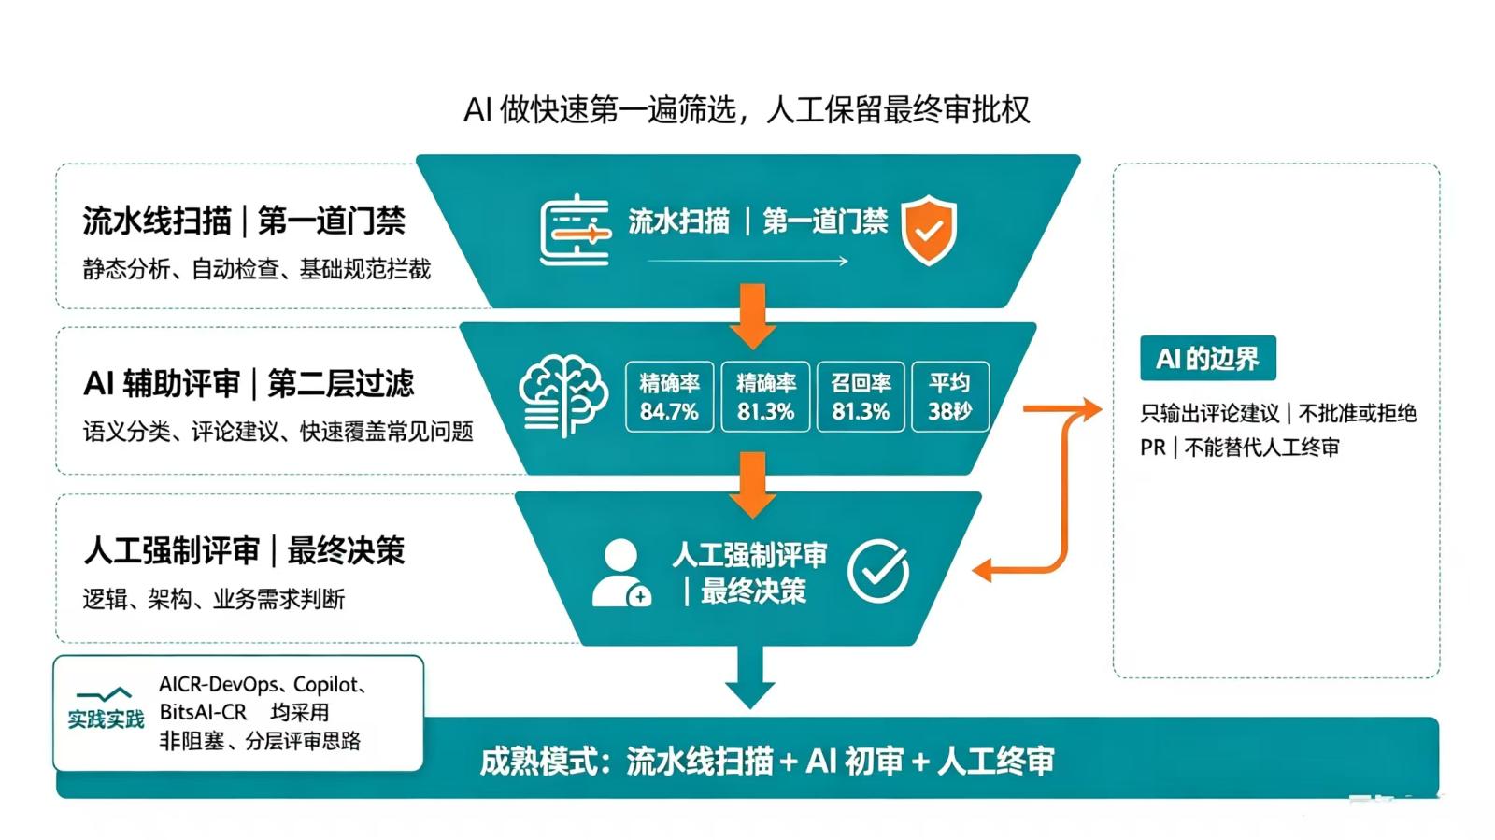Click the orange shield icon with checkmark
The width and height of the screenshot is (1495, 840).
pos(929,230)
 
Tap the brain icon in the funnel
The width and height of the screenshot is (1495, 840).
pos(563,395)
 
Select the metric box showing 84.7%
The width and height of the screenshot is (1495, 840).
pos(669,397)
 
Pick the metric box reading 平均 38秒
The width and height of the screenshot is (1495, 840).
pos(949,397)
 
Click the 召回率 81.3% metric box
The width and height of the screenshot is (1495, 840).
pos(861,397)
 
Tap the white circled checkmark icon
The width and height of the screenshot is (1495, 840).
pos(878,571)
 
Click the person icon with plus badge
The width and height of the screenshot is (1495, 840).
pos(621,573)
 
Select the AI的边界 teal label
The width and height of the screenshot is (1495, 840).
pos(1208,358)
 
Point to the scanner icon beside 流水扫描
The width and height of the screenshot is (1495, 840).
pos(576,230)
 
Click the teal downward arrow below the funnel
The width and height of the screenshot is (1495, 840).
pos(750,676)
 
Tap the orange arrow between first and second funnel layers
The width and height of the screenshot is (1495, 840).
pos(753,316)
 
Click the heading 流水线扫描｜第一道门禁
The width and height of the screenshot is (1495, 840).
pos(244,221)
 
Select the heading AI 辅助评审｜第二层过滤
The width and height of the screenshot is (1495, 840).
pos(249,384)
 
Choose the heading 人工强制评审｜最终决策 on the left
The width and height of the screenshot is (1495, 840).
pos(244,551)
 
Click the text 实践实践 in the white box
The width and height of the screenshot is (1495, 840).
pos(107,719)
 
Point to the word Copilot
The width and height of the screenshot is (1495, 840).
pos(326,685)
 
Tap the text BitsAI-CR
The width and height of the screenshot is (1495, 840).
pos(203,713)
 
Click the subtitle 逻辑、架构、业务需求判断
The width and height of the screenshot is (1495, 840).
pos(214,599)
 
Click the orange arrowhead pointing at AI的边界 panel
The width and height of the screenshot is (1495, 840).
pos(1092,408)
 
